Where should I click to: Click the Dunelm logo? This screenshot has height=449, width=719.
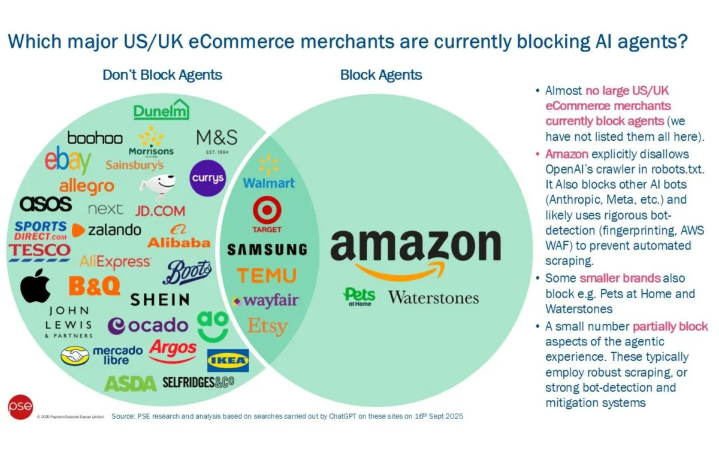click(161, 110)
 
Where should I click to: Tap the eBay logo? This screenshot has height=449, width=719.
click(68, 161)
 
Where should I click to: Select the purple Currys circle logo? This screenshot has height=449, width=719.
click(208, 178)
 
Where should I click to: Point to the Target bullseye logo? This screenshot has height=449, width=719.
click(267, 214)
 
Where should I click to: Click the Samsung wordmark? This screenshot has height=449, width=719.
click(267, 249)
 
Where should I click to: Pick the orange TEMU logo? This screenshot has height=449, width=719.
click(267, 275)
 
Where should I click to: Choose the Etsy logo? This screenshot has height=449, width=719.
click(267, 326)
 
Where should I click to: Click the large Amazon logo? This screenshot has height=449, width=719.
click(415, 251)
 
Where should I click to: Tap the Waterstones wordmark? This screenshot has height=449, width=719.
click(433, 298)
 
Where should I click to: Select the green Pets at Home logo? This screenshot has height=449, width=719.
click(359, 296)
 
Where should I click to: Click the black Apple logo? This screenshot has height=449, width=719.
click(35, 289)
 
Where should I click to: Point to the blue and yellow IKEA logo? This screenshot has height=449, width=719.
click(228, 360)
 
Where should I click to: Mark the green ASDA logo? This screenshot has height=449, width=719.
click(130, 383)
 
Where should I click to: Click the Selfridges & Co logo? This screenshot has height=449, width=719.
click(198, 383)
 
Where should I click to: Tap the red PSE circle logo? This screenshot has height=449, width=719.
click(20, 407)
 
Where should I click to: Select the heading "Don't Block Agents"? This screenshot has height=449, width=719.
click(162, 75)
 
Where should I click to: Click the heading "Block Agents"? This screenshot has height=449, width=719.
click(381, 75)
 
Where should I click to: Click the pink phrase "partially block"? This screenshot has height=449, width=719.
click(670, 326)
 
